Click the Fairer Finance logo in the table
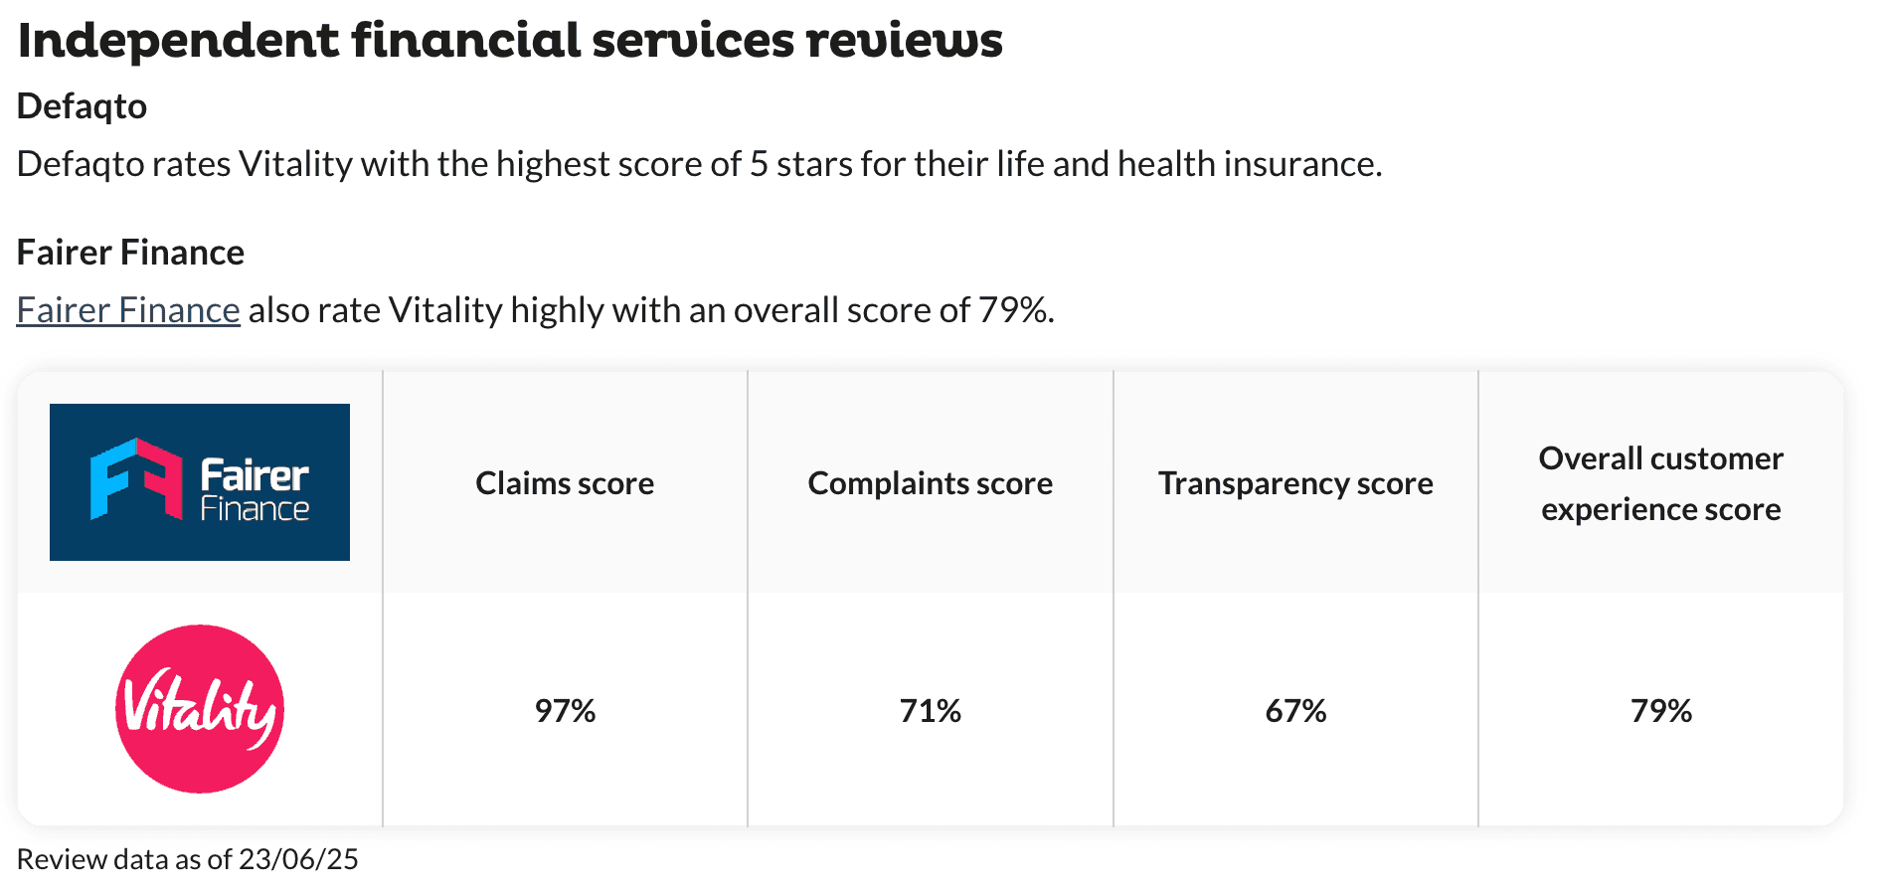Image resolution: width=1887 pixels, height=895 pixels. click(200, 482)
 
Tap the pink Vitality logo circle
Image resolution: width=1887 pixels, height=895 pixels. click(200, 709)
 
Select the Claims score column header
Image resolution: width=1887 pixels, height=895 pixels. click(565, 483)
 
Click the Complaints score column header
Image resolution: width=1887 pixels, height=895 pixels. click(930, 483)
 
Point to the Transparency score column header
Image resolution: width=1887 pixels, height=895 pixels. click(1295, 483)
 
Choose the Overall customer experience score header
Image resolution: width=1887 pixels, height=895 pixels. click(1660, 483)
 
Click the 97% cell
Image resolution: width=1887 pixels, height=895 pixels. click(565, 711)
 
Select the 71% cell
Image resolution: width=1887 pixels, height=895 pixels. click(930, 711)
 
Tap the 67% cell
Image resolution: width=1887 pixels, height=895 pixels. click(1295, 711)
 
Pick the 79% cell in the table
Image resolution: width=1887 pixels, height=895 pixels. click(1660, 711)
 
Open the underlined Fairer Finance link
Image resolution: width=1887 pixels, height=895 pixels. click(128, 310)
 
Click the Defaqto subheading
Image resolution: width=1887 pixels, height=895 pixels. click(83, 106)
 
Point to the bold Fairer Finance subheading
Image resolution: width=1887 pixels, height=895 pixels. click(130, 253)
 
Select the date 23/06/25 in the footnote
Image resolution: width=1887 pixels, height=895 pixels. click(298, 859)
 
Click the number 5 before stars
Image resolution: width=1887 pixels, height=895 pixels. click(759, 164)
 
